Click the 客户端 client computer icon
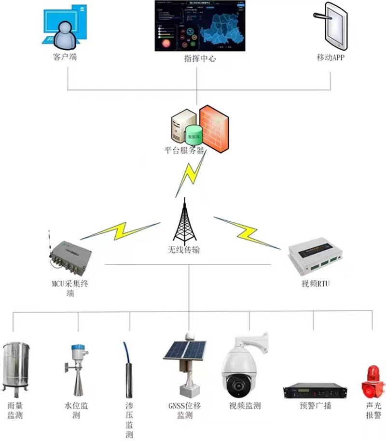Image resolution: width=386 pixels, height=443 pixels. (x=65, y=27)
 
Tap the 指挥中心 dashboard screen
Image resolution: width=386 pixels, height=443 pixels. (x=200, y=26)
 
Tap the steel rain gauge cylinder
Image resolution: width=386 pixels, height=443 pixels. (x=17, y=366)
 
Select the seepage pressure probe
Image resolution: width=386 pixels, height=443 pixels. (x=129, y=372)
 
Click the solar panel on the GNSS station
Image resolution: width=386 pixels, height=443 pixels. (x=185, y=350)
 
